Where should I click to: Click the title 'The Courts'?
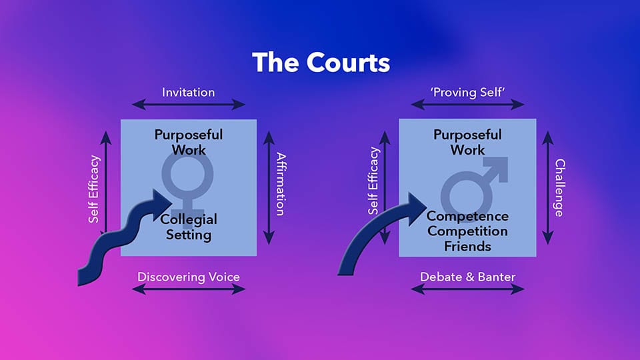pyautogui.click(x=321, y=63)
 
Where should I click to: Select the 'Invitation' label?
pyautogui.click(x=188, y=92)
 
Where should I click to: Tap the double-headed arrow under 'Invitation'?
pyautogui.click(x=188, y=105)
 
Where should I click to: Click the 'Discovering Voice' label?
pyautogui.click(x=188, y=277)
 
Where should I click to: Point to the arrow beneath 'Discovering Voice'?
pyautogui.click(x=188, y=289)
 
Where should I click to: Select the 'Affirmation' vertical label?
pyautogui.click(x=281, y=184)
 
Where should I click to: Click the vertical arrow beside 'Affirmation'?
pyautogui.click(x=269, y=188)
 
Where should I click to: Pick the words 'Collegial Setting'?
pyautogui.click(x=189, y=227)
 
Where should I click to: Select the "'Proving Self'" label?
pyautogui.click(x=467, y=92)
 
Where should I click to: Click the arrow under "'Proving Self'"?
pyautogui.click(x=467, y=105)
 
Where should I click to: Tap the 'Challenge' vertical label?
pyautogui.click(x=559, y=188)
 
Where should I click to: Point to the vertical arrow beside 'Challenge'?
pyautogui.click(x=548, y=188)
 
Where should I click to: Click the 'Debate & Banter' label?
pyautogui.click(x=467, y=277)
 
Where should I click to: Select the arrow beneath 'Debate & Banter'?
pyautogui.click(x=467, y=289)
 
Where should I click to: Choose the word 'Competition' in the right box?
pyautogui.click(x=467, y=231)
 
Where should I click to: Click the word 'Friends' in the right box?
pyautogui.click(x=467, y=247)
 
